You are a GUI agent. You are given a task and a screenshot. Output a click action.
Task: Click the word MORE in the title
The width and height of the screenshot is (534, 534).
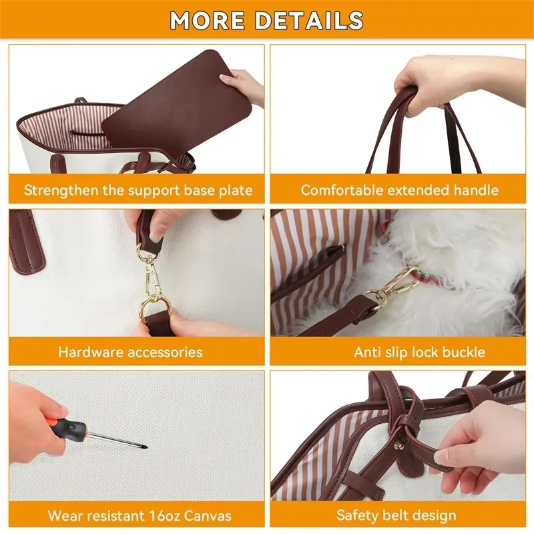click(208, 20)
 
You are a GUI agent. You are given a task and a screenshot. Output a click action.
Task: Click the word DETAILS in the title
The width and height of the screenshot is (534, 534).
click(309, 20)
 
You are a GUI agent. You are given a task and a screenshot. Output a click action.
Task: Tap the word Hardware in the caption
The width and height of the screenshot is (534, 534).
click(86, 352)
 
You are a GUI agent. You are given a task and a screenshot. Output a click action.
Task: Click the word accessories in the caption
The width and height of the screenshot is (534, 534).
click(160, 352)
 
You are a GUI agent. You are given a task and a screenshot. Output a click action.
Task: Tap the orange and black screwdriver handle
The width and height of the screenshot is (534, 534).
click(69, 426)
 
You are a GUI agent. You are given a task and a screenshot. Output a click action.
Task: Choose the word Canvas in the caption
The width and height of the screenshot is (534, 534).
click(208, 515)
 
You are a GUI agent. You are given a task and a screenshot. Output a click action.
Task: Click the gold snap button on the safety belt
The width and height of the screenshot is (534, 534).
click(397, 446)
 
